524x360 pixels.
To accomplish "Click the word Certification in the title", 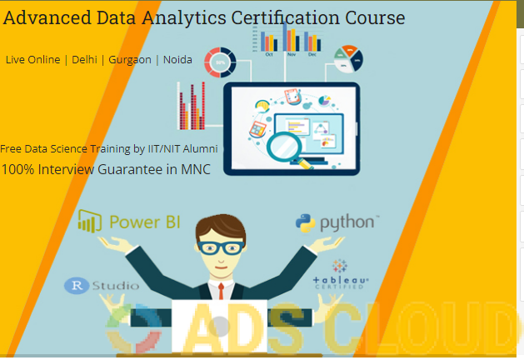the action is click(x=286, y=17).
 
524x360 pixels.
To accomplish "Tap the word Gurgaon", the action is click(x=130, y=60).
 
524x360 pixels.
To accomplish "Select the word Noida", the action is click(x=177, y=59).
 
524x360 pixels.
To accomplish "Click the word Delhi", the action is click(x=84, y=59).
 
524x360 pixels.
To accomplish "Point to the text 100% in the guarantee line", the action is click(x=17, y=169).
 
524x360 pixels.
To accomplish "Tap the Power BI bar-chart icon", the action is click(x=90, y=222).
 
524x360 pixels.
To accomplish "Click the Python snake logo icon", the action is click(x=305, y=223).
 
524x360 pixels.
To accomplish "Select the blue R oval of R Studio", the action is click(x=77, y=286).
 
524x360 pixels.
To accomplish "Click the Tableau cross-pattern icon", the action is click(x=340, y=266).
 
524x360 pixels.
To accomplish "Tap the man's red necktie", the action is click(x=221, y=291).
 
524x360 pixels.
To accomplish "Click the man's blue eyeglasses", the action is click(x=221, y=247).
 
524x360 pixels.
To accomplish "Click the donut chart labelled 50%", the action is click(x=220, y=62).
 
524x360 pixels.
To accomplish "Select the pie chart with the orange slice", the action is click(x=348, y=59).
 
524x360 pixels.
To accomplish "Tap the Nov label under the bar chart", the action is click(x=292, y=54).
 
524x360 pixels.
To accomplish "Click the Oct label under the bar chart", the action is click(x=269, y=54).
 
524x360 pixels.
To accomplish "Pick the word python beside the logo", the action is click(x=347, y=223).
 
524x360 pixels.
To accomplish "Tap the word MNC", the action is click(x=196, y=169).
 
